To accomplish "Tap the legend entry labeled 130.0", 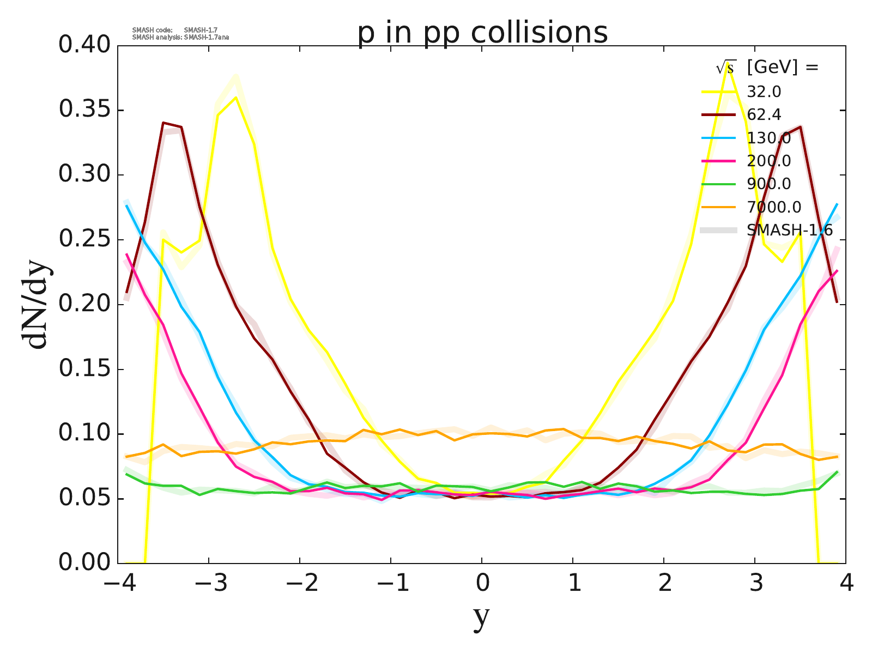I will pyautogui.click(x=768, y=138).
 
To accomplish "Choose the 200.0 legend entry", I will pyautogui.click(x=768, y=161).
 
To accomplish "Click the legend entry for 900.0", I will pyautogui.click(x=768, y=184).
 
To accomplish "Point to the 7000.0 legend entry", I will pyautogui.click(x=774, y=207).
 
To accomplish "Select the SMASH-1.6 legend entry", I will pyautogui.click(x=789, y=231).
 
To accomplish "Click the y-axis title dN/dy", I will pyautogui.click(x=35, y=304).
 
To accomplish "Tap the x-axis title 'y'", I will pyautogui.click(x=482, y=617).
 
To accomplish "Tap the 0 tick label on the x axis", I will pyautogui.click(x=482, y=584).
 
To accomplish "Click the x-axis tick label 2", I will pyautogui.click(x=664, y=584).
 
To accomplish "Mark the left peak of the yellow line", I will pyautogui.click(x=235, y=98).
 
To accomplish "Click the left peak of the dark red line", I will pyautogui.click(x=163, y=123).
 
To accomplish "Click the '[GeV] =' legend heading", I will pyautogui.click(x=783, y=68).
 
